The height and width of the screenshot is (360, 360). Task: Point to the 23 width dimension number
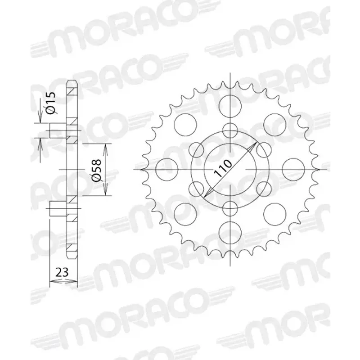[62, 272]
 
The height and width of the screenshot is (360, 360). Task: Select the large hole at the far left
[165, 169]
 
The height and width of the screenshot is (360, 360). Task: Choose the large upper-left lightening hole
[185, 123]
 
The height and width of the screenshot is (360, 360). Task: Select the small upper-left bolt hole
[197, 149]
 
